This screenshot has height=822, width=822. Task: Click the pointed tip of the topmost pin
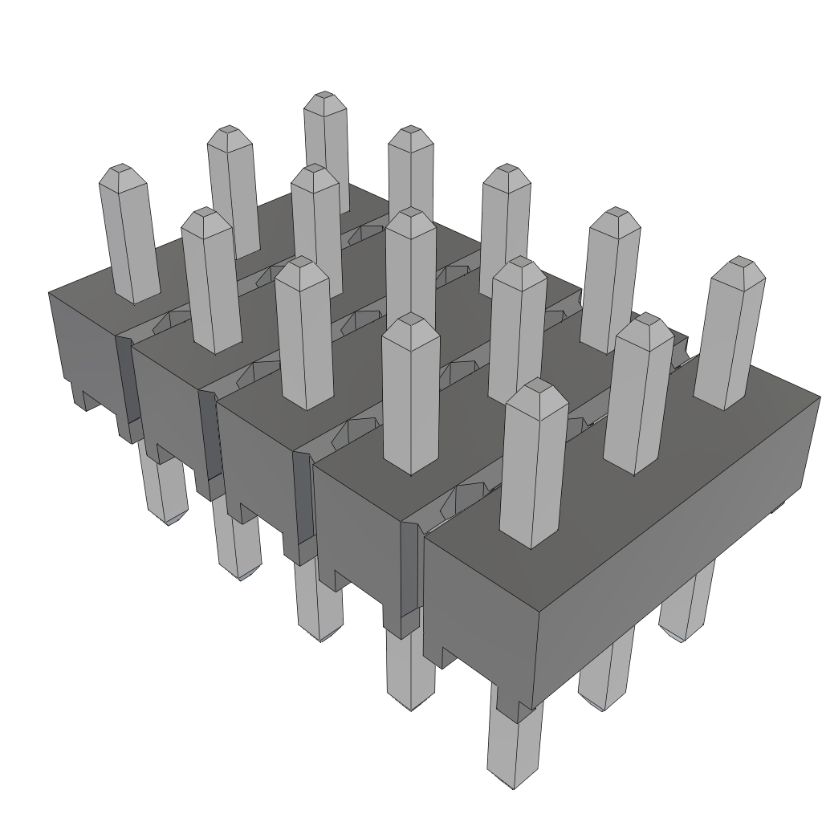click(x=324, y=99)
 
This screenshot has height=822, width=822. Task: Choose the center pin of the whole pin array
click(x=410, y=265)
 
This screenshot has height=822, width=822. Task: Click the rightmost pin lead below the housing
click(x=686, y=602)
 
